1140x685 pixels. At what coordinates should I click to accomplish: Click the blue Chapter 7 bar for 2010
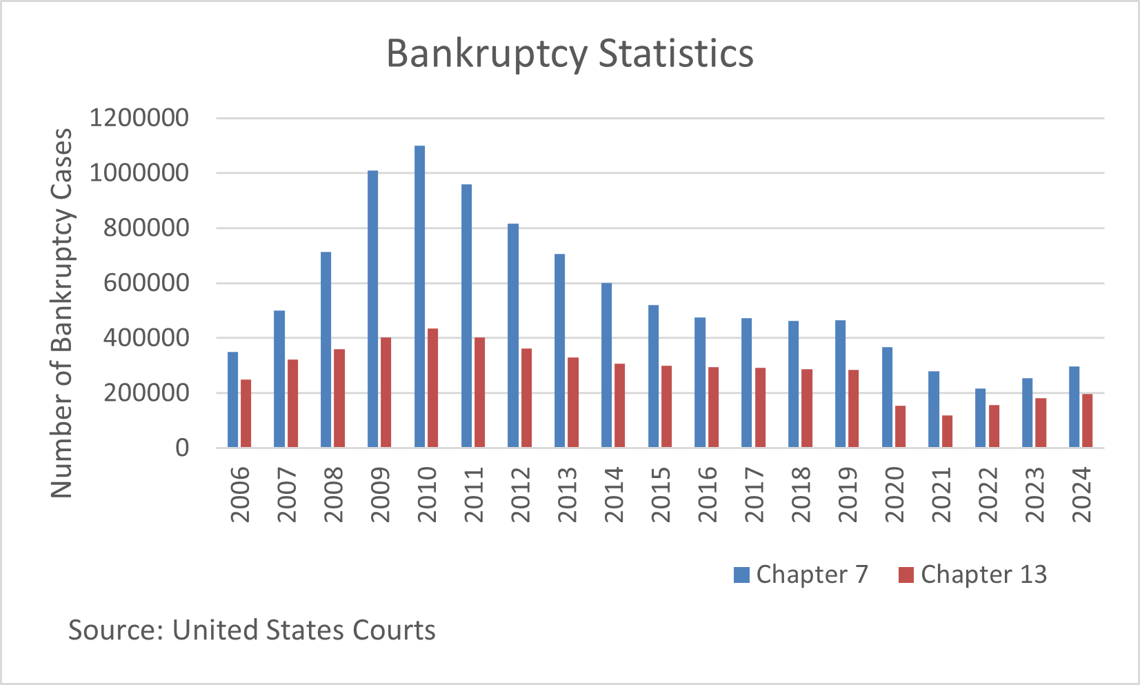coord(419,297)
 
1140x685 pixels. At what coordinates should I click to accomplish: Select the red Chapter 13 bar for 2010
coord(432,388)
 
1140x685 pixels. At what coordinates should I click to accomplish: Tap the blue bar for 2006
coord(232,400)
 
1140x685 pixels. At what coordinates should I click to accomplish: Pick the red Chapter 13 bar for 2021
coord(947,431)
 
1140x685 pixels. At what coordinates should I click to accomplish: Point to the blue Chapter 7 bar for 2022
coord(980,418)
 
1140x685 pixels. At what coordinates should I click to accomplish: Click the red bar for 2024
coord(1088,421)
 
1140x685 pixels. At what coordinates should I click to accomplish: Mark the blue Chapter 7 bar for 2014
coord(606,366)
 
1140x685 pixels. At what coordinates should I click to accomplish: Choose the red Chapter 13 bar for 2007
coord(292,404)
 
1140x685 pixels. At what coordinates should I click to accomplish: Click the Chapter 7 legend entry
coord(801,575)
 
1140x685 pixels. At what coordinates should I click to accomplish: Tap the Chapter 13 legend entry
coord(972,575)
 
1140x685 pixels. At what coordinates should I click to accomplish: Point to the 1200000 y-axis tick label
coord(139,118)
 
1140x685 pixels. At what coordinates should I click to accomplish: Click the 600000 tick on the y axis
coord(146,283)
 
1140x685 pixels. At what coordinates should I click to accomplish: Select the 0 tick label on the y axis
coord(182,448)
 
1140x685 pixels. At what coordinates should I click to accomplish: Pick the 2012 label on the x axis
coord(521,495)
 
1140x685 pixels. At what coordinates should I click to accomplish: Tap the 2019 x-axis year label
coord(848,495)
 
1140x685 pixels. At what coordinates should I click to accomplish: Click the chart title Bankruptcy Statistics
coord(570,53)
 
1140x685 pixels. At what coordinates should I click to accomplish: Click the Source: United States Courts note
coord(252,630)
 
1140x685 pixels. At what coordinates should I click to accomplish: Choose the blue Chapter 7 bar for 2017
coord(746,383)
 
